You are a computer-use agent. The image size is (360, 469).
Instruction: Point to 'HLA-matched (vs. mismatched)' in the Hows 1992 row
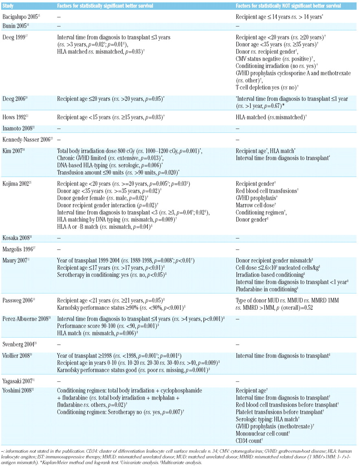[271, 117]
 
